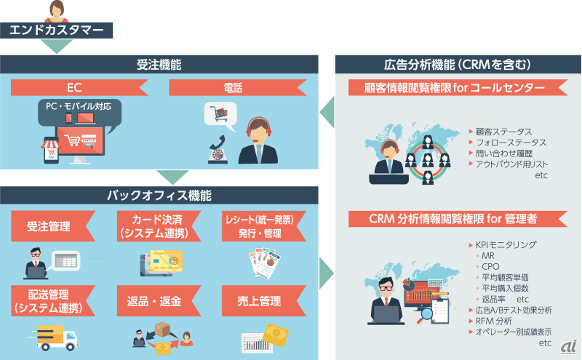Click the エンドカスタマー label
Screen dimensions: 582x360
click(x=57, y=30)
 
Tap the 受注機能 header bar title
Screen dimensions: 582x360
click(x=159, y=65)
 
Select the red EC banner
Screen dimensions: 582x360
click(x=79, y=87)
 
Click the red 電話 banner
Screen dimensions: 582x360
click(x=238, y=87)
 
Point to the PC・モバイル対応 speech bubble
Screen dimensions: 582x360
click(x=79, y=113)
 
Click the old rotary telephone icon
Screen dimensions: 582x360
click(x=218, y=150)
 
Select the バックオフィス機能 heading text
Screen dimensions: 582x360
click(x=159, y=195)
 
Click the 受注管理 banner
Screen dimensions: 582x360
click(x=53, y=226)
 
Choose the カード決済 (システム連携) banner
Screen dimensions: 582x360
click(x=159, y=226)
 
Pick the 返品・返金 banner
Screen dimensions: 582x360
click(x=159, y=300)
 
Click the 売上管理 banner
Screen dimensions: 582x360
click(x=264, y=300)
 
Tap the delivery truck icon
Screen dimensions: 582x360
click(x=52, y=337)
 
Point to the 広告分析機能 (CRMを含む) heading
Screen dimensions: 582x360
click(x=458, y=65)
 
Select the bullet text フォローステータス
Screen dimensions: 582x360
click(x=511, y=143)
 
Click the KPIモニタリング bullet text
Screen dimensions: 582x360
click(x=506, y=244)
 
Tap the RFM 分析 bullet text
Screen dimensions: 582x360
click(x=494, y=321)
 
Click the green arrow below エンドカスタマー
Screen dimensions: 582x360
click(x=57, y=47)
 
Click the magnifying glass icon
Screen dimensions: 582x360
click(x=425, y=315)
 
